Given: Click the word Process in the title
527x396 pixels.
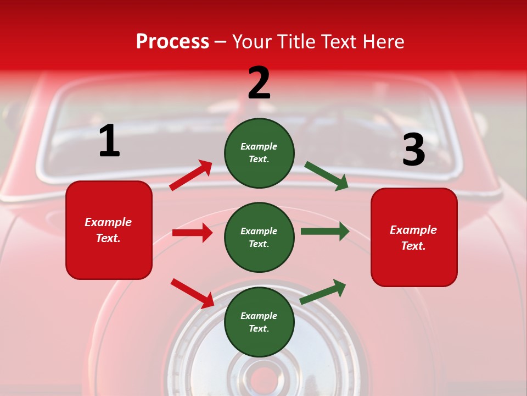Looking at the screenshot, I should [x=172, y=42].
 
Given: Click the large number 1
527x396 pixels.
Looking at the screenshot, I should [x=109, y=141].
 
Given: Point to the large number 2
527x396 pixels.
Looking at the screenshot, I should [x=259, y=83].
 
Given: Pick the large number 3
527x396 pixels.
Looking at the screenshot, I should [x=413, y=150].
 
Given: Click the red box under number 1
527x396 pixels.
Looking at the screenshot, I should [x=109, y=230].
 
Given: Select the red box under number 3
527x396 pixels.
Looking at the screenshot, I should [x=414, y=237].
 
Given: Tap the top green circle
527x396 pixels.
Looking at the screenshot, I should [x=259, y=153].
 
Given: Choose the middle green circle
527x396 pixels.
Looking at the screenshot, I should [x=259, y=237].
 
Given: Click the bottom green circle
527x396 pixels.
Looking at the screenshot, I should [x=259, y=322].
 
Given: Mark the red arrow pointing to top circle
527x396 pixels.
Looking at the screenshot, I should [x=191, y=175].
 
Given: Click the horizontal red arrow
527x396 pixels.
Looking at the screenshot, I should [x=192, y=233].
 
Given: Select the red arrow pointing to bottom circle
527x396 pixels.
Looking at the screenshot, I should [x=192, y=293].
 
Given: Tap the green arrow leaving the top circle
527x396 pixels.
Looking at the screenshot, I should [x=327, y=176].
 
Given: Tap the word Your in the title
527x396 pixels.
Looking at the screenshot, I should [x=252, y=42].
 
